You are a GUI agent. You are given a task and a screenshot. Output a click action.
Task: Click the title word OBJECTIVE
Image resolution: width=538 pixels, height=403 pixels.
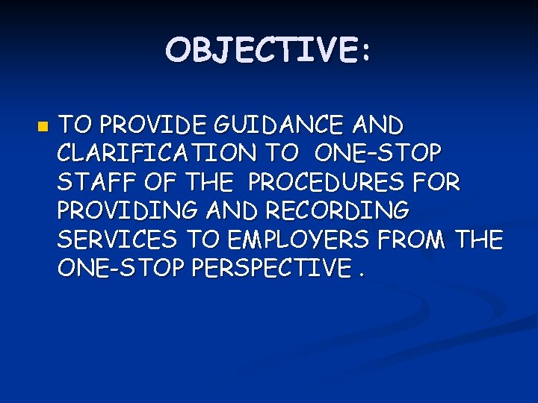coord(261,51)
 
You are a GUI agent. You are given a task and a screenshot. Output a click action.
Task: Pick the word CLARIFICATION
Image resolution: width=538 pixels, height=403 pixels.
coord(155,153)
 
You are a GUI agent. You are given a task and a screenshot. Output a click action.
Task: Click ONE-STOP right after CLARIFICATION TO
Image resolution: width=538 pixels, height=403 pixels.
coord(378,153)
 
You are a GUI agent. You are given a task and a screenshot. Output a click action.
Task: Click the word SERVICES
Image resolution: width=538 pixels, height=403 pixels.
coord(117,240)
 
